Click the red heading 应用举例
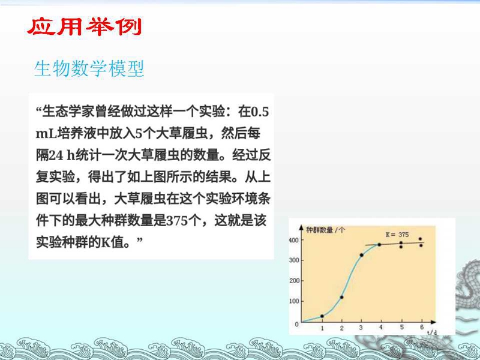(84, 27)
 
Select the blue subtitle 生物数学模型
(89, 68)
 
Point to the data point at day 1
(322, 316)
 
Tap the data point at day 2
(342, 297)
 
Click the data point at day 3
(362, 255)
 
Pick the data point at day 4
(379, 245)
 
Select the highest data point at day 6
(421, 239)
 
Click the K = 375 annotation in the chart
(397, 235)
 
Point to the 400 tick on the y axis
(294, 240)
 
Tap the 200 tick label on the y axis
(295, 280)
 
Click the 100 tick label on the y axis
(295, 301)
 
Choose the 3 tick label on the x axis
(361, 328)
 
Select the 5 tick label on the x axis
(402, 327)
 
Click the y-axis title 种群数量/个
(325, 230)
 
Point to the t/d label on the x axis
(431, 332)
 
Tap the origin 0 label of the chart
(296, 324)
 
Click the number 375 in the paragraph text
(176, 220)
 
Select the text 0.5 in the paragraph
(260, 112)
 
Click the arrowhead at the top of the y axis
(301, 228)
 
